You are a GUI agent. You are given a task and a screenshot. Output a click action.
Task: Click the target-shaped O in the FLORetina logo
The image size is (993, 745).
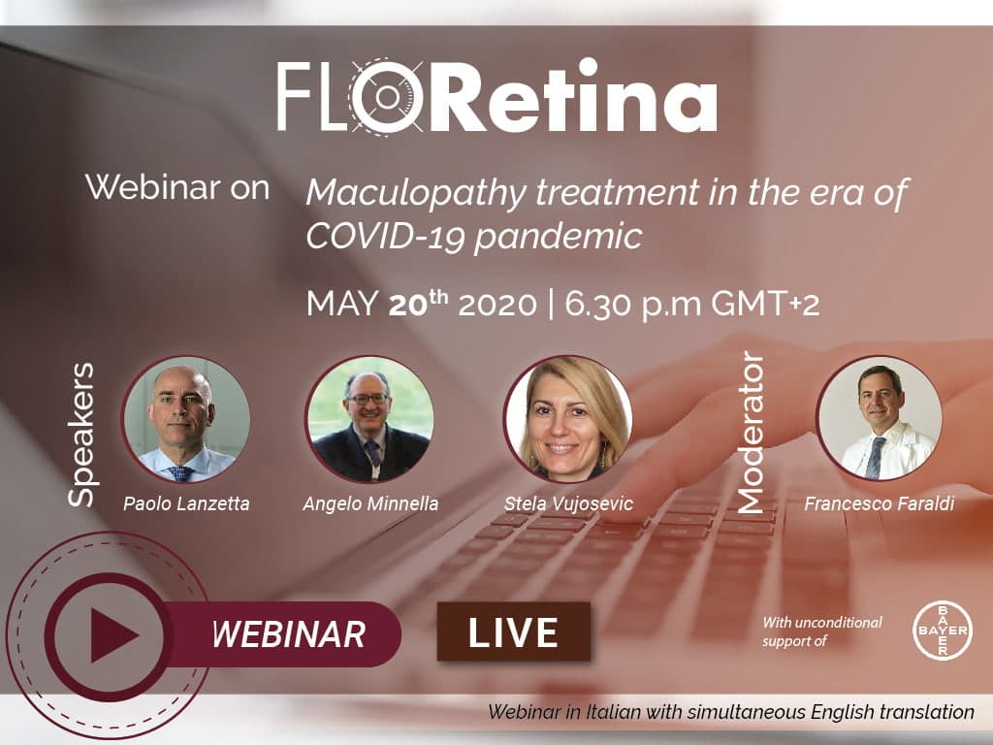386,96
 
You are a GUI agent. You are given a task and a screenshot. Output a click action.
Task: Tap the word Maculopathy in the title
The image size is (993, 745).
416,193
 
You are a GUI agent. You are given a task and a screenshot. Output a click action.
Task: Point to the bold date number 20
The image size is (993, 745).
409,304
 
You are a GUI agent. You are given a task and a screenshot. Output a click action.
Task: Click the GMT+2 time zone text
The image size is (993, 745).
764,303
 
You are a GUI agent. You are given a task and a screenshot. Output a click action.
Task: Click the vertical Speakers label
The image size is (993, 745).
82,435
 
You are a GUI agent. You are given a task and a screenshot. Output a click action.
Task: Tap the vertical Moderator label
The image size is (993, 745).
752,433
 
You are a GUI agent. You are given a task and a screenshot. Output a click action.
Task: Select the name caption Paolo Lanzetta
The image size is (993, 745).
186,503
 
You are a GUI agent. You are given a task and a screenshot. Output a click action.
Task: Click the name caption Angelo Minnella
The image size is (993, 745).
370,503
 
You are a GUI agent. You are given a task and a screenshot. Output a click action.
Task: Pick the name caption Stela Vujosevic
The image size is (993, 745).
568,503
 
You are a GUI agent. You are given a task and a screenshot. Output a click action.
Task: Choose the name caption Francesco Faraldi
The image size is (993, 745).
879,503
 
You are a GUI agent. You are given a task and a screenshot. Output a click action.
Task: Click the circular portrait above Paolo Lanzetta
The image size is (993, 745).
185,419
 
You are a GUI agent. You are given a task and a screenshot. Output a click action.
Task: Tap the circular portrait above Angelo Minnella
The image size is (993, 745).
369,419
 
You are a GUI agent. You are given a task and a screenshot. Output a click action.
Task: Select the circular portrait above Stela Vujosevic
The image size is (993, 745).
568,419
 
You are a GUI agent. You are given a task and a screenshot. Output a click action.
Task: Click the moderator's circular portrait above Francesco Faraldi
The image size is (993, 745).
879,418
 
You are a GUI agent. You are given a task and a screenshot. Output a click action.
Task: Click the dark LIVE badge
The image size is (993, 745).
514,632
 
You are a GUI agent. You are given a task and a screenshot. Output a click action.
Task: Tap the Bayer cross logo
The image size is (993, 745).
943,631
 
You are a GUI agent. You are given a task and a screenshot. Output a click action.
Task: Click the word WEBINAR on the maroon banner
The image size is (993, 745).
288,634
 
